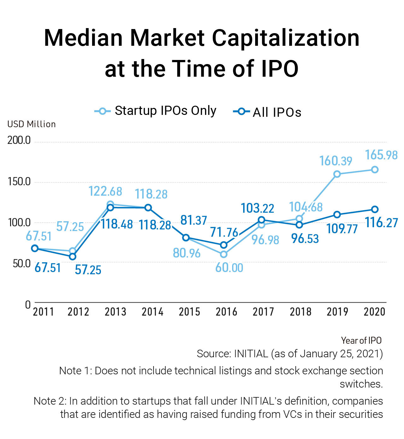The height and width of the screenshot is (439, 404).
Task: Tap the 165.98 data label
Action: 381,155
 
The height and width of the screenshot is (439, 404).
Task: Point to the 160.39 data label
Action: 336,161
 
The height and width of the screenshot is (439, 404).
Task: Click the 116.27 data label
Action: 381,222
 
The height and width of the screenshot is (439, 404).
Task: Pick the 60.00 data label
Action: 229,268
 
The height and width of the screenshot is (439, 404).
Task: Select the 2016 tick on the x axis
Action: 226,312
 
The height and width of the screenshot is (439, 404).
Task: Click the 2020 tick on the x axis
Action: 374,312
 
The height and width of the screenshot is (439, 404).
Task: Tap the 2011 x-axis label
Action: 44,312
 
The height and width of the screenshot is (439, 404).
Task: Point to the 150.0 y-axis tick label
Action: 19,182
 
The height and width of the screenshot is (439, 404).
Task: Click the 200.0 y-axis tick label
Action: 19,140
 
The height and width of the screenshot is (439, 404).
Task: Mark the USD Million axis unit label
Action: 32,124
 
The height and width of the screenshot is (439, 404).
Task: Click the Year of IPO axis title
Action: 361,341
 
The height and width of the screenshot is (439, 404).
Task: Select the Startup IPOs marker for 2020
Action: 375,170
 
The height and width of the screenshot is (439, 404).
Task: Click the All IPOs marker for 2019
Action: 337,215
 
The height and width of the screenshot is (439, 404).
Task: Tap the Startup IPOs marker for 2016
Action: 224,254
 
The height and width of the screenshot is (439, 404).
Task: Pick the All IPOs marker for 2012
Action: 73,257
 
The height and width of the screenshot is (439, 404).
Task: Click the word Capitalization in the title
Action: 285,38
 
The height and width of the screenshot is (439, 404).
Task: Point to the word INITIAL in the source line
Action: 251,354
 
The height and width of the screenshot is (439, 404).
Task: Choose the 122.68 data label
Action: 105,191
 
